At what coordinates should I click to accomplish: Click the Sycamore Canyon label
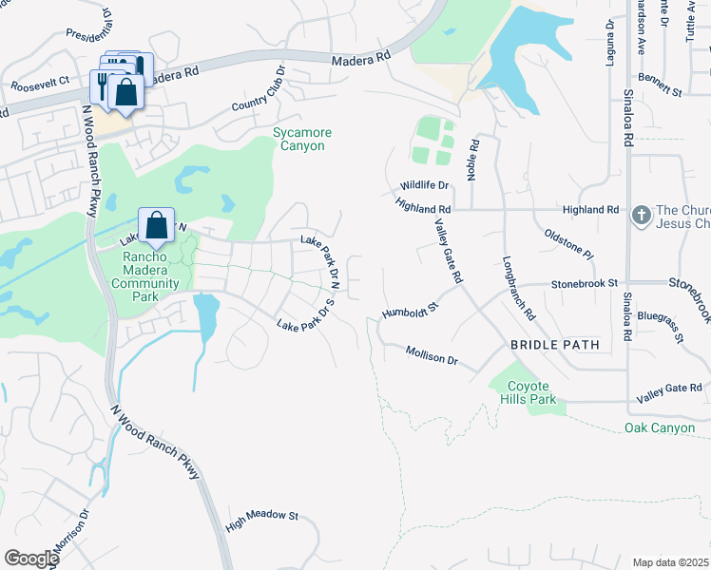click(298, 139)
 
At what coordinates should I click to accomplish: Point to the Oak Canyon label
click(660, 428)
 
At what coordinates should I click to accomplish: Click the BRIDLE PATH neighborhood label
click(555, 345)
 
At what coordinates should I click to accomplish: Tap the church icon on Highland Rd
click(642, 215)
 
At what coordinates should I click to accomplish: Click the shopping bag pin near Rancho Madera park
click(158, 226)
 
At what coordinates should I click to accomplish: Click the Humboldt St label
click(408, 311)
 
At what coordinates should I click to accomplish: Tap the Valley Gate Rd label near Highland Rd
click(448, 251)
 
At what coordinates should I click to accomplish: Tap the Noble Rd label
click(472, 157)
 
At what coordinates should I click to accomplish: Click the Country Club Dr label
click(258, 91)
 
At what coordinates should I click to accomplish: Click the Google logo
click(31, 559)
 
